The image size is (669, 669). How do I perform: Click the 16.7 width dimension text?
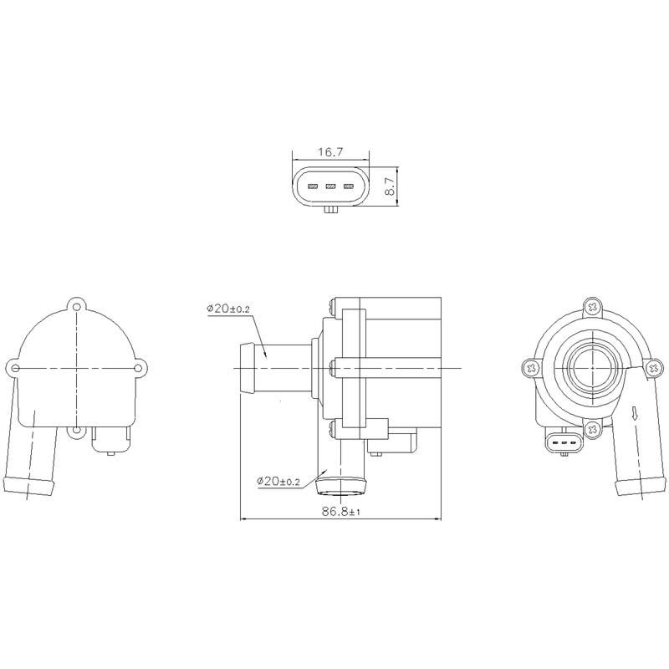tap(329, 152)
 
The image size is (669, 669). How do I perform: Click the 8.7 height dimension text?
tap(390, 185)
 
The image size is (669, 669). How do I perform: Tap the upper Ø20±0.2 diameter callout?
tap(227, 309)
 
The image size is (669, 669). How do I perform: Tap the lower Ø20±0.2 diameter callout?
tap(279, 481)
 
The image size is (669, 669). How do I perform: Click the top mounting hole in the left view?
tap(78, 304)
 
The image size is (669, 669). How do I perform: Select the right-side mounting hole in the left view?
tap(140, 366)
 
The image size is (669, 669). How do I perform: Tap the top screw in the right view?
tap(593, 307)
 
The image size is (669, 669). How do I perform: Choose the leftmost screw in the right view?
tap(531, 367)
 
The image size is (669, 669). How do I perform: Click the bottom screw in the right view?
tap(593, 429)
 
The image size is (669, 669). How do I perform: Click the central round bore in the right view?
tap(593, 366)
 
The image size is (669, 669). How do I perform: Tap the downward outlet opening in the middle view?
tap(343, 483)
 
